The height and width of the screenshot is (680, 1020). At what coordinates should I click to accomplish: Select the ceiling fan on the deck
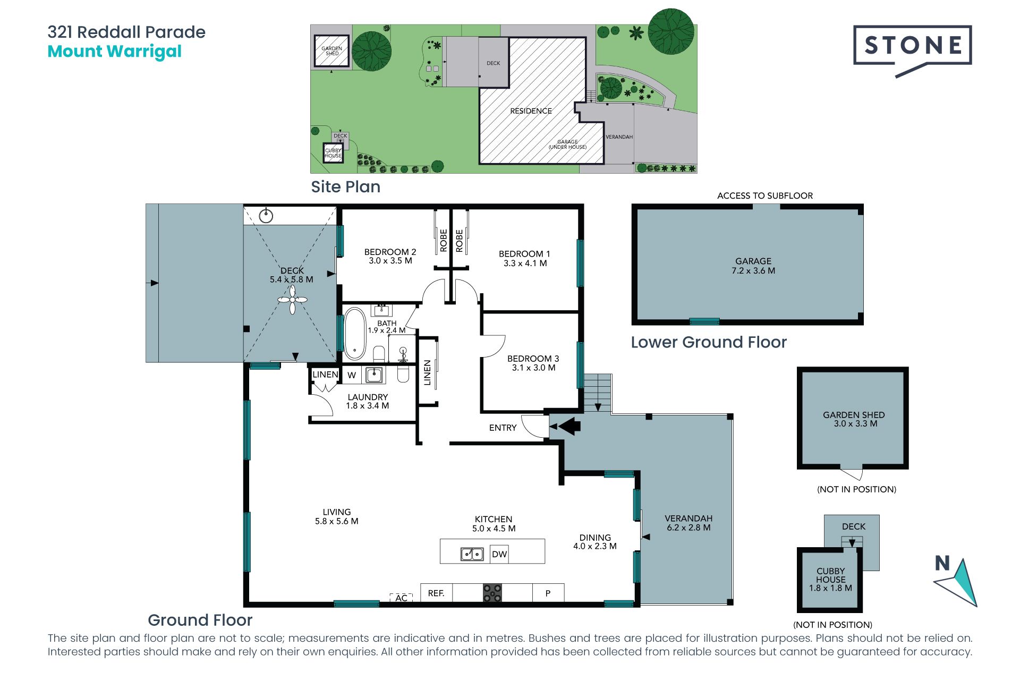[292, 300]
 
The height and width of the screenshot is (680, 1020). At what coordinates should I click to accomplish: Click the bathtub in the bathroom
[355, 334]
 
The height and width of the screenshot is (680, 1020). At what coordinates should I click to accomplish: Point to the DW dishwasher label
[499, 555]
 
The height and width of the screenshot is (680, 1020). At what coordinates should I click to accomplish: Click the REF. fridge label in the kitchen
[436, 593]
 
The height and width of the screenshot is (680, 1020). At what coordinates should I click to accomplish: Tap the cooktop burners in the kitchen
[492, 593]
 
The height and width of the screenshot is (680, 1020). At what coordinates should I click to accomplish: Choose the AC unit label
[402, 598]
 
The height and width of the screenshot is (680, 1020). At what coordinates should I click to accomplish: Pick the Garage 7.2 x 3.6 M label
[753, 266]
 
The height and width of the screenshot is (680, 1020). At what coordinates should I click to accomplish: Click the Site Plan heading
[346, 187]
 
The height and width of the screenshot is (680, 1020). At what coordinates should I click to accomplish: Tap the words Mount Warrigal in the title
[115, 52]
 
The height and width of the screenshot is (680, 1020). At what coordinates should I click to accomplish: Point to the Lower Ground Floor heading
[709, 342]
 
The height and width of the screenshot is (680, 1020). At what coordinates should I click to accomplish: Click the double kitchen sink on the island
[472, 554]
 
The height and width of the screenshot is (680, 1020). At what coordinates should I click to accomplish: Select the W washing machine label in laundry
[352, 375]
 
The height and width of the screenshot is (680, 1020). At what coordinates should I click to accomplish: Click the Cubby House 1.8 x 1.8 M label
[831, 580]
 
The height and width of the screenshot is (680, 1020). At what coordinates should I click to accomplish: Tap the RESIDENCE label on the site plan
[531, 111]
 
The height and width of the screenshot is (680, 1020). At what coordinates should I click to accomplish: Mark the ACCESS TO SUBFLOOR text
[765, 195]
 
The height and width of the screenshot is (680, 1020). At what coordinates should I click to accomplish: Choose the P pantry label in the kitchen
[548, 593]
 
